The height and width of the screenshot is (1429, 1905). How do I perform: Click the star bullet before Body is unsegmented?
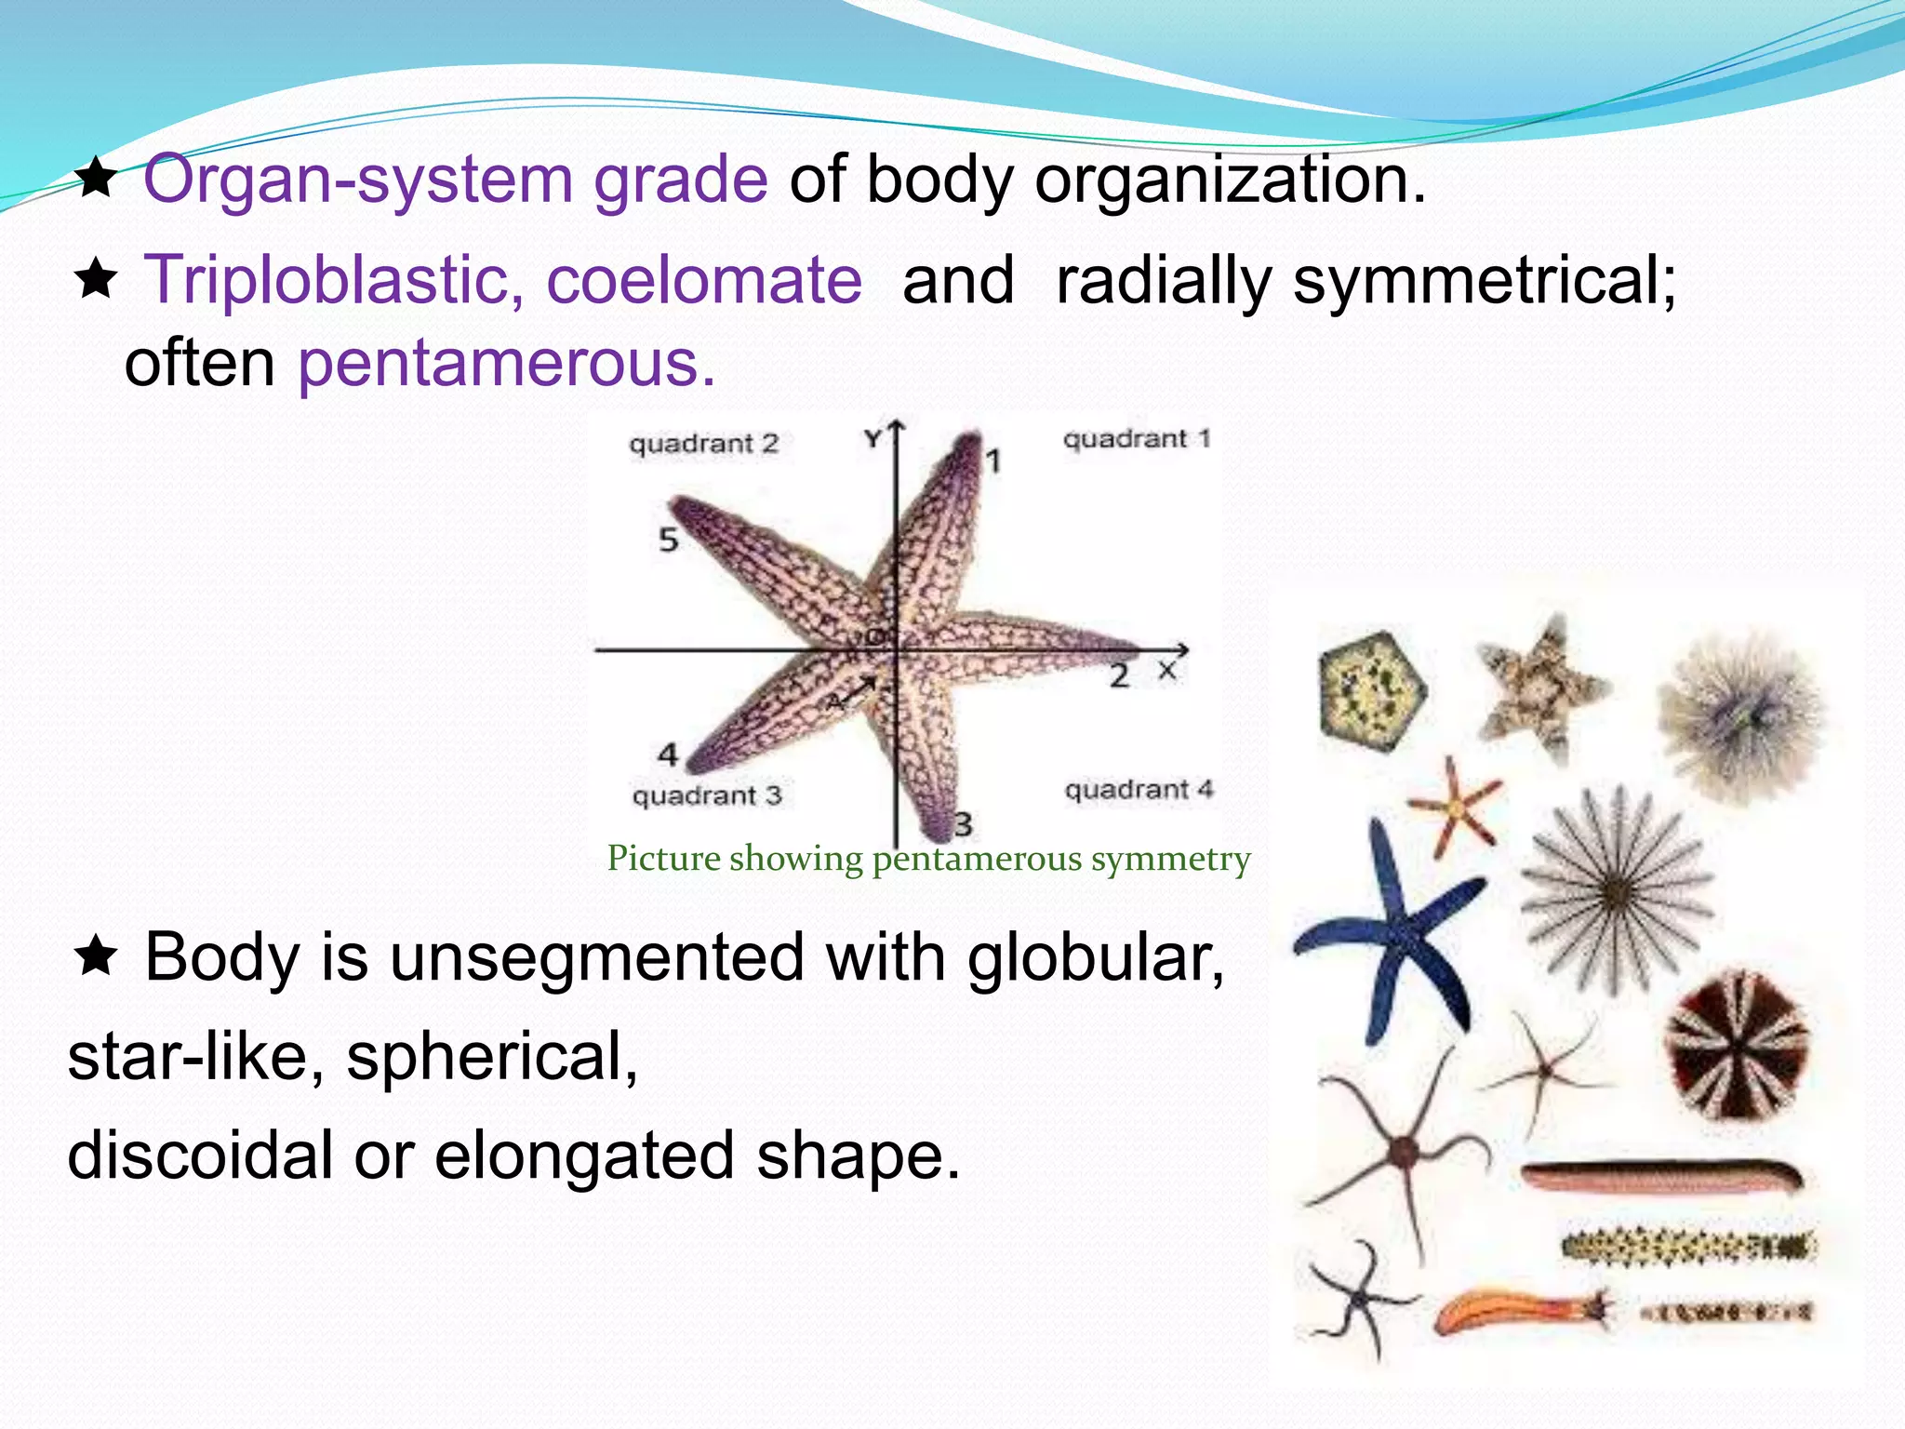coord(96,955)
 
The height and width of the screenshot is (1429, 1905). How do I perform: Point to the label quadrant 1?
coord(1137,438)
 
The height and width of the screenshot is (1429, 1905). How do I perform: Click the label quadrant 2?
coord(703,444)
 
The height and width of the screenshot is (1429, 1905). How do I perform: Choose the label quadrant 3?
coord(707,796)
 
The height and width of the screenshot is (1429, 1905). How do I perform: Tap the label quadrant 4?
coord(1139,790)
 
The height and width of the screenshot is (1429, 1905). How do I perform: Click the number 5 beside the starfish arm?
coord(669,540)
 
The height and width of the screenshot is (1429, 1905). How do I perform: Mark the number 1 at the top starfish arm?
coord(993,461)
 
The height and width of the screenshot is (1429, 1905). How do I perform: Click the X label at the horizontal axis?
coord(1167,671)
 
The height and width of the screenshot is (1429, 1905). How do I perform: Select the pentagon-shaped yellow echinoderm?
coord(1373,690)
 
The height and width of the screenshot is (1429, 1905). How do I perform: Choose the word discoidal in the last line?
coord(200,1155)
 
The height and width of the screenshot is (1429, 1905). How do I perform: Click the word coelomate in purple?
coord(704,280)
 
